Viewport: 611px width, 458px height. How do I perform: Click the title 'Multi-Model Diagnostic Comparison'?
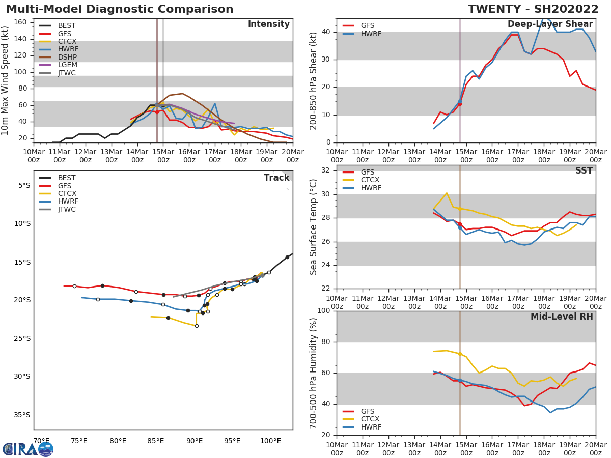(120, 9)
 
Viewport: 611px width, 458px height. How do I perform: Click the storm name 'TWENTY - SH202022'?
(533, 9)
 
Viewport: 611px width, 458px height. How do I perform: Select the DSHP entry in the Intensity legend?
(68, 57)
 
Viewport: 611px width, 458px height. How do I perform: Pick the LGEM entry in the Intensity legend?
(68, 65)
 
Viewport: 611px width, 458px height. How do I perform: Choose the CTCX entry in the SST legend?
(371, 180)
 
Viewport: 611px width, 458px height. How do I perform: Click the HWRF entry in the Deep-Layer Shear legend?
(371, 34)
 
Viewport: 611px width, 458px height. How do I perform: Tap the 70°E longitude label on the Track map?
(41, 441)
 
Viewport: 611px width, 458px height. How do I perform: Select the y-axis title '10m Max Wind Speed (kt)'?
(6, 80)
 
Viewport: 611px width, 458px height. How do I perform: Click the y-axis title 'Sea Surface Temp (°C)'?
(314, 227)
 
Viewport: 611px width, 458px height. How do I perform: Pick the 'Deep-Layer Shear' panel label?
(550, 24)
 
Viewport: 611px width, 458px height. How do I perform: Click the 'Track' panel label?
(276, 178)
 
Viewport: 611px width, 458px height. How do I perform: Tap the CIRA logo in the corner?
(27, 449)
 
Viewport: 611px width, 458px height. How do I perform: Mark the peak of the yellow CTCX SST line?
(447, 193)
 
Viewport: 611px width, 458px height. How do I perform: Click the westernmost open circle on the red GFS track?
(74, 286)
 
